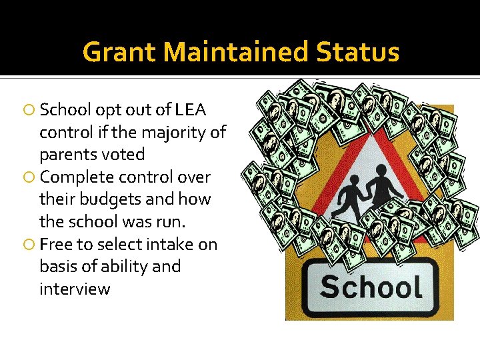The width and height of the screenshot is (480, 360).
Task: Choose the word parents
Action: pos(67,155)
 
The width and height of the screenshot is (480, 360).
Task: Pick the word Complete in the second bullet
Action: pos(77,177)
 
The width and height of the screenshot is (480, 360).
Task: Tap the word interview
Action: pos(75,289)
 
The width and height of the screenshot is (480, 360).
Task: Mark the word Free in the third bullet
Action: pos(55,244)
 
